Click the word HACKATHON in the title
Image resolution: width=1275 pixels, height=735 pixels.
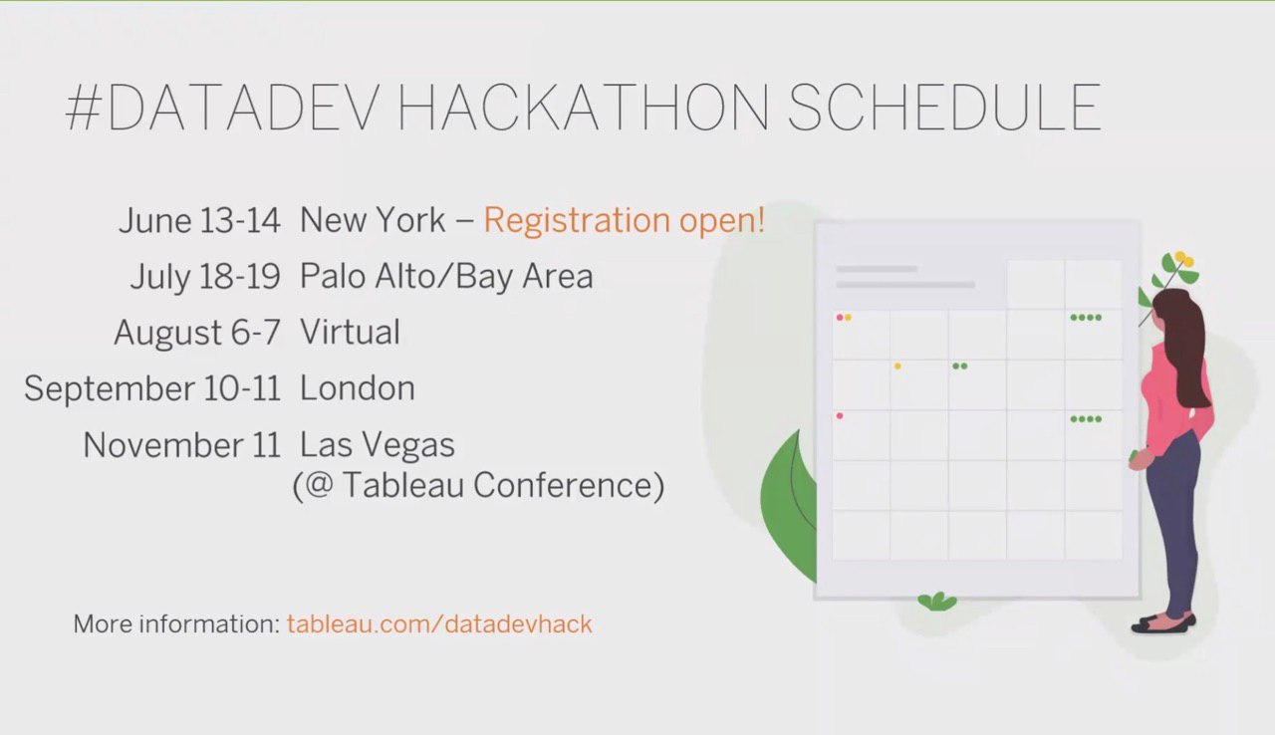pyautogui.click(x=584, y=107)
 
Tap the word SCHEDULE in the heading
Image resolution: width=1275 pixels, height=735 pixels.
pyautogui.click(x=944, y=107)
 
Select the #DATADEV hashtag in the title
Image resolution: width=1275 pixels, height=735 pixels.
pyautogui.click(x=222, y=107)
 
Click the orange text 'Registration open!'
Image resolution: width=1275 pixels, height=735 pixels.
pyautogui.click(x=624, y=219)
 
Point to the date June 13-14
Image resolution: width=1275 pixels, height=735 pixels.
pyautogui.click(x=199, y=220)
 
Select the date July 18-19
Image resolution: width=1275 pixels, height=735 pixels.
pyautogui.click(x=205, y=277)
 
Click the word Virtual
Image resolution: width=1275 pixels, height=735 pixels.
pyautogui.click(x=350, y=333)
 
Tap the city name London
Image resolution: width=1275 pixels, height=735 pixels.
pyautogui.click(x=358, y=388)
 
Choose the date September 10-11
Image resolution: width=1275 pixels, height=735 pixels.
pyautogui.click(x=152, y=389)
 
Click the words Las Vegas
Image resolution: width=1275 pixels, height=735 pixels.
pyautogui.click(x=378, y=445)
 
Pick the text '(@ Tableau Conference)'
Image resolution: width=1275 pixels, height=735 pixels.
pyautogui.click(x=478, y=485)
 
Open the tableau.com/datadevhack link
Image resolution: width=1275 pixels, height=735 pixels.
pyautogui.click(x=439, y=624)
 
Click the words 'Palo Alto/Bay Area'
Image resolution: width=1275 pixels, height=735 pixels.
pyautogui.click(x=446, y=277)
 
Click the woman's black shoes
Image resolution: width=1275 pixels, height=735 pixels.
pyautogui.click(x=1162, y=623)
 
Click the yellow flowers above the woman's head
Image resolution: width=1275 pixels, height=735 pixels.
pyautogui.click(x=1184, y=259)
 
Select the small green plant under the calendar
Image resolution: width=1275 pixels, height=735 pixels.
pyautogui.click(x=937, y=602)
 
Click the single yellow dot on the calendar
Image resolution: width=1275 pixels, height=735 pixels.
pyautogui.click(x=897, y=367)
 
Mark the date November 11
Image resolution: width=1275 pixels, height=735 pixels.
pyautogui.click(x=181, y=445)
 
